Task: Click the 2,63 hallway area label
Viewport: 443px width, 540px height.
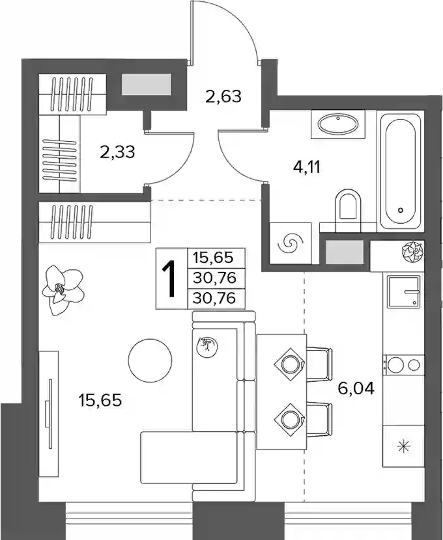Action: [x=223, y=96]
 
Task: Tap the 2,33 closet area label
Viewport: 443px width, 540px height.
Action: [x=117, y=152]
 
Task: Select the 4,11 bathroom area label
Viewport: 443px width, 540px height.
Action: [x=306, y=168]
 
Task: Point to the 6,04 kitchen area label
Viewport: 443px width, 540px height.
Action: [x=356, y=389]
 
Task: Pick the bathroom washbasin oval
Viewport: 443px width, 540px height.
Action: [x=338, y=124]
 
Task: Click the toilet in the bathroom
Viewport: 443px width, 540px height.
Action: [x=347, y=206]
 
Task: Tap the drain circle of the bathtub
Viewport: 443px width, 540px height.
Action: [x=400, y=209]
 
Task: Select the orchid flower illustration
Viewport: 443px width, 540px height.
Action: [x=63, y=290]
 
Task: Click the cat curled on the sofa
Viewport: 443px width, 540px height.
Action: [x=207, y=345]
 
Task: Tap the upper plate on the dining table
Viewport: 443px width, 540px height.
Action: [x=289, y=364]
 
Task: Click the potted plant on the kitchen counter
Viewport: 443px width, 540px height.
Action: [x=413, y=250]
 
